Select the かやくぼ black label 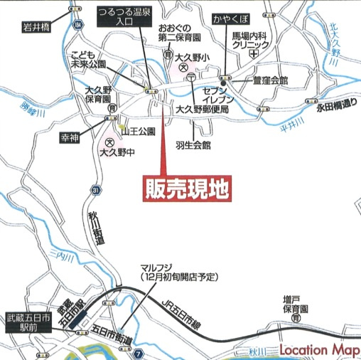(229, 16)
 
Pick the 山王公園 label (138, 132)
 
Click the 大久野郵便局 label (202, 110)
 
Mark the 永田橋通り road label (336, 105)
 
